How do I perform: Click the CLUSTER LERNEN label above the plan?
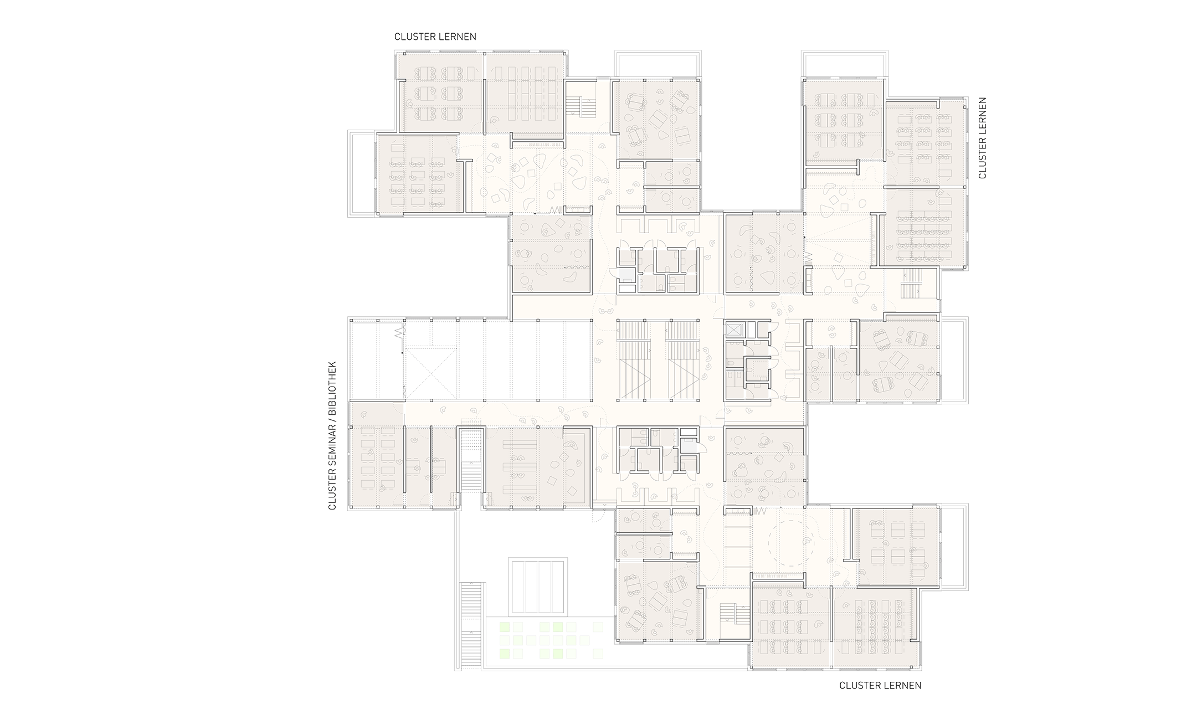435,37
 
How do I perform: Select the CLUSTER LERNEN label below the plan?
880,686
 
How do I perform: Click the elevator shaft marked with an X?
733,330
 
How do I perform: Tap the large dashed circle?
790,538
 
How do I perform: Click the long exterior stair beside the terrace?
472,626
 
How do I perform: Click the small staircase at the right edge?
911,287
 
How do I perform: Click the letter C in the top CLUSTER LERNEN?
397,37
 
